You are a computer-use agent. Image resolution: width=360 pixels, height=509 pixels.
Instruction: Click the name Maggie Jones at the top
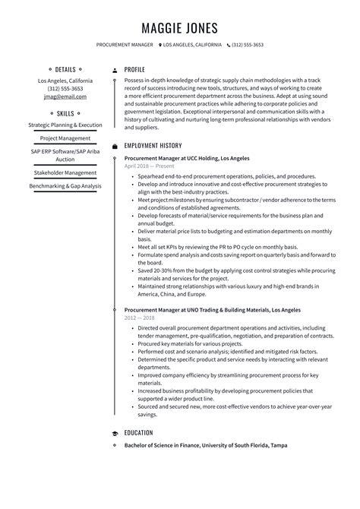click(180, 28)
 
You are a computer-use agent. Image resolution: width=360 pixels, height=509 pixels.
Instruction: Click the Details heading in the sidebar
click(65, 68)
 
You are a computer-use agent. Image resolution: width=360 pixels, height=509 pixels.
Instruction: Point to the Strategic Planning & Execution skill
click(65, 125)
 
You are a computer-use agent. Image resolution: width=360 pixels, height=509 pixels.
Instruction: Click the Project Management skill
click(65, 139)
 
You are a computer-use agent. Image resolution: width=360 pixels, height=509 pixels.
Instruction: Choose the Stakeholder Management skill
click(65, 172)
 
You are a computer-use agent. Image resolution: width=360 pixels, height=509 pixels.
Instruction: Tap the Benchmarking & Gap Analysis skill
click(65, 186)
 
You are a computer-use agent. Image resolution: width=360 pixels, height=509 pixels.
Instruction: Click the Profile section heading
click(134, 68)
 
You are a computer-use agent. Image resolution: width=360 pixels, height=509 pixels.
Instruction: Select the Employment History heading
click(153, 145)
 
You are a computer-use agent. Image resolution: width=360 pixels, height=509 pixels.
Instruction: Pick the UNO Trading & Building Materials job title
click(201, 289)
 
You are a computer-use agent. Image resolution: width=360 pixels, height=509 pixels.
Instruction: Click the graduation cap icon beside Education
click(114, 432)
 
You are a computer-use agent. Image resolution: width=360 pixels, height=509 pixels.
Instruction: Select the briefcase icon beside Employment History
click(114, 145)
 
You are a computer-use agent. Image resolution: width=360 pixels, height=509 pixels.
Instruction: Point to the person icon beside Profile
click(114, 68)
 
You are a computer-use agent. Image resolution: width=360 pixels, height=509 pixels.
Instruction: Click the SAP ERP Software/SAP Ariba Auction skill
click(65, 156)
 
